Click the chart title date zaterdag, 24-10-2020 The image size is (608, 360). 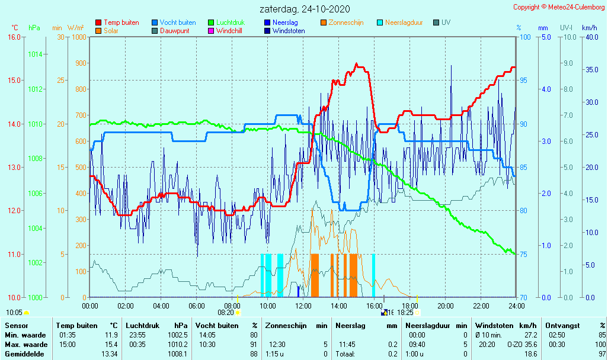[x=305, y=9]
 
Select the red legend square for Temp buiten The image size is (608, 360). [x=98, y=22]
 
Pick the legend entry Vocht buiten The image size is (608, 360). [x=177, y=22]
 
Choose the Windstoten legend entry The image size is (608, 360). [x=289, y=31]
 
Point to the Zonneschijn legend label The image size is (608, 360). [x=346, y=22]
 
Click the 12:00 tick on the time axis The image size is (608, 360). [x=303, y=306]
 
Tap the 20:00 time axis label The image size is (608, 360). [x=446, y=306]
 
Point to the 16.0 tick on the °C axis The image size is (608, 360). [x=14, y=37]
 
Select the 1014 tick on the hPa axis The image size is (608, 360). [x=35, y=54]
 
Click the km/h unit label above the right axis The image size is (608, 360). [x=589, y=28]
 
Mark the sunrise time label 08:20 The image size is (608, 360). [x=226, y=312]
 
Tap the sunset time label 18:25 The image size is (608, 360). [x=405, y=312]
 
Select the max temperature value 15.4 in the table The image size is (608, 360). [x=111, y=344]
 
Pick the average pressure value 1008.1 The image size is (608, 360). [x=178, y=353]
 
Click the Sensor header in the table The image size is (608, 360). [x=16, y=325]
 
